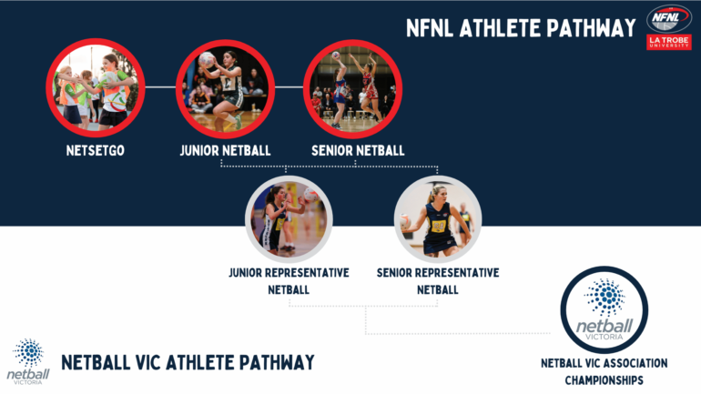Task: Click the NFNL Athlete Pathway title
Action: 521,28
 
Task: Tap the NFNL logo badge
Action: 668,19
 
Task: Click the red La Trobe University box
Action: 668,42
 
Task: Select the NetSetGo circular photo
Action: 96,87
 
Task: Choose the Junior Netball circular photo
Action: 224,87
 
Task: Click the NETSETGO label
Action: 96,150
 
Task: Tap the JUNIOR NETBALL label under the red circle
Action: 224,150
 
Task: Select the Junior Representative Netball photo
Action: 288,218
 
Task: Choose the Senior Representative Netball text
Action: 437,281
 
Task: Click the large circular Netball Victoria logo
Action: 604,308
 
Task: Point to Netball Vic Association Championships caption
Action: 604,371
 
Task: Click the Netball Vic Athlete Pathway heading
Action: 188,362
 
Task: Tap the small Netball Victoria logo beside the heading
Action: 28,361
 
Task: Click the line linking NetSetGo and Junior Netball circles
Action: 160,87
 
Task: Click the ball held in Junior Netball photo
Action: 207,60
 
